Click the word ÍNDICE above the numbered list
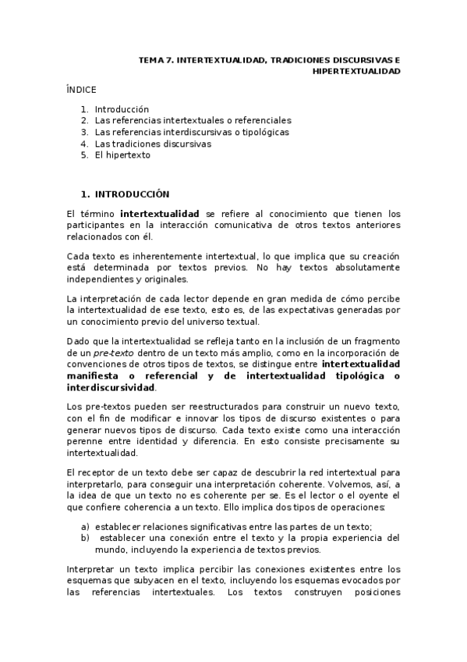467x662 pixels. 81,90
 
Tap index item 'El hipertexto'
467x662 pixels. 122,155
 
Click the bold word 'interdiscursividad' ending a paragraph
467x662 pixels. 111,387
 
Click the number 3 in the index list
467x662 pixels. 83,132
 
